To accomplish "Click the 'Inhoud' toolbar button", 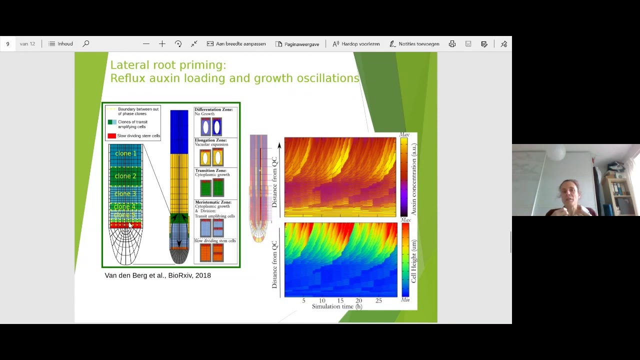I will pyautogui.click(x=61, y=44).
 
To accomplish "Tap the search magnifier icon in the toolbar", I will pyautogui.click(x=86, y=44).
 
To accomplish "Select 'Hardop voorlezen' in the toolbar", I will pyautogui.click(x=356, y=44).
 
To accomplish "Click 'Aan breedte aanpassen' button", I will pyautogui.click(x=236, y=44).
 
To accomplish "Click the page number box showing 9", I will pyautogui.click(x=8, y=44).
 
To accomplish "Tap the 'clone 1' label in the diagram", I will pyautogui.click(x=125, y=153).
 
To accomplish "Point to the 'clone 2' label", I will pyautogui.click(x=125, y=176).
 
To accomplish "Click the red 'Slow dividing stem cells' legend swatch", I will pyautogui.click(x=111, y=136).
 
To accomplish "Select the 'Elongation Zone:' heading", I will pyautogui.click(x=210, y=140).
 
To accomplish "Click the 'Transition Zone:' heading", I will pyautogui.click(x=210, y=171).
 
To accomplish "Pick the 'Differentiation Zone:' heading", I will pyautogui.click(x=213, y=109).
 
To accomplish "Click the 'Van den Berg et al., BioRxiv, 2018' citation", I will pyautogui.click(x=157, y=275).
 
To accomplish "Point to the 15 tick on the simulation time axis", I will pyautogui.click(x=340, y=300).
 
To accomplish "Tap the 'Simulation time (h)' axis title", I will pyautogui.click(x=337, y=306).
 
